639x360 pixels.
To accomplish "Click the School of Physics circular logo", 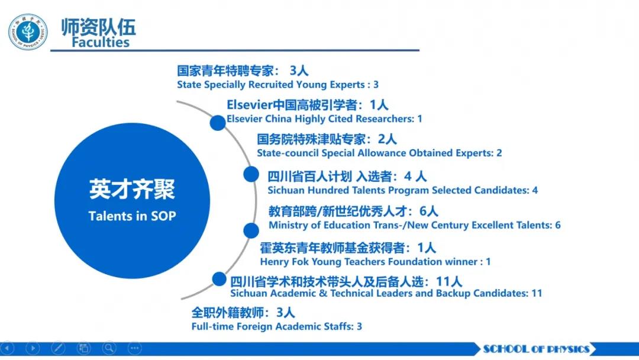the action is [28, 32].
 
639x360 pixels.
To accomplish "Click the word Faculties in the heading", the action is [101, 42].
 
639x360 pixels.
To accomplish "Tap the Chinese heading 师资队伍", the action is [98, 27].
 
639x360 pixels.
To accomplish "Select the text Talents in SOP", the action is [132, 216].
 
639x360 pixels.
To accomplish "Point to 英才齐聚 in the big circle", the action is [132, 189].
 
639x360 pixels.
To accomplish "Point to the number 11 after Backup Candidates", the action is [537, 293].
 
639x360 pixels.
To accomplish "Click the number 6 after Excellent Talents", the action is [557, 225].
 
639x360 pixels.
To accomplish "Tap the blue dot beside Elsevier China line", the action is [218, 123].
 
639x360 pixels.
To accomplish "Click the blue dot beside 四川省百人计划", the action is [251, 175].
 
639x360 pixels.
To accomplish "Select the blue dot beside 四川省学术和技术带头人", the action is [220, 279].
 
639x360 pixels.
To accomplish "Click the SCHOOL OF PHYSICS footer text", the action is [536, 349].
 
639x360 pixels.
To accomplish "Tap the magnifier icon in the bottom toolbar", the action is [109, 348].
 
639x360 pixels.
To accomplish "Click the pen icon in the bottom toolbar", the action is [58, 348].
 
